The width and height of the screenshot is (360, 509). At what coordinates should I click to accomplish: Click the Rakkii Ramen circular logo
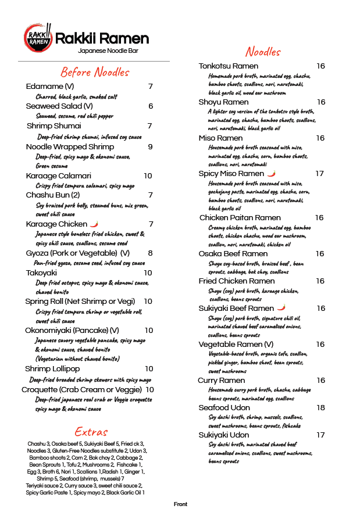(x=38, y=38)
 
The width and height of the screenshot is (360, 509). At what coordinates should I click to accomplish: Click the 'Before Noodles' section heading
(x=95, y=73)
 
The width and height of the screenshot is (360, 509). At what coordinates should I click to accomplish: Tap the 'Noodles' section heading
(x=263, y=52)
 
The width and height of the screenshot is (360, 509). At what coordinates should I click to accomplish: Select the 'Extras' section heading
(x=91, y=432)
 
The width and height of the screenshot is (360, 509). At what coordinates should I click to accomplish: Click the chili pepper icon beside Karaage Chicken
(x=94, y=224)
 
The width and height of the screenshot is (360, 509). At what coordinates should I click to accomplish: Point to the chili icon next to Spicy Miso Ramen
(x=271, y=174)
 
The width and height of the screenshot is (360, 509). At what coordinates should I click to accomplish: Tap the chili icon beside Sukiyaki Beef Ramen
(x=281, y=308)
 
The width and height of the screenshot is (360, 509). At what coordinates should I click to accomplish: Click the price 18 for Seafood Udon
(x=320, y=408)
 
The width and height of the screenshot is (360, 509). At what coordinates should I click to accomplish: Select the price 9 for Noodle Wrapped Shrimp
(x=150, y=147)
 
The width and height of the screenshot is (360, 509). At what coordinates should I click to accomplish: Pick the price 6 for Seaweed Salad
(x=151, y=106)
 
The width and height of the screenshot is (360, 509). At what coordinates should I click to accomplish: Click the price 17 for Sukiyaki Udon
(x=320, y=435)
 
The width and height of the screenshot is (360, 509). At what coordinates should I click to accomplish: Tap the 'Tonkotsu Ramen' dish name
(x=229, y=66)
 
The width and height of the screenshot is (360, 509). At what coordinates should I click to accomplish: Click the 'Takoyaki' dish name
(x=41, y=273)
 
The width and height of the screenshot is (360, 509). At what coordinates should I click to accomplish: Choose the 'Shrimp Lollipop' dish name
(x=53, y=369)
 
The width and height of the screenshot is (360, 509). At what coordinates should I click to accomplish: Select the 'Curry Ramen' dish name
(x=222, y=381)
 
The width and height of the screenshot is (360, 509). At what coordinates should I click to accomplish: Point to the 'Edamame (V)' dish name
(x=50, y=87)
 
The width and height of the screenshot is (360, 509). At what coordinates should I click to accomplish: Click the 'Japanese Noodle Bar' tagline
(x=111, y=51)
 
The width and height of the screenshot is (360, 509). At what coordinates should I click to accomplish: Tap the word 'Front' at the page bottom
(x=180, y=504)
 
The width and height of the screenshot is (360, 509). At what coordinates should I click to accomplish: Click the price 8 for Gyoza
(x=150, y=253)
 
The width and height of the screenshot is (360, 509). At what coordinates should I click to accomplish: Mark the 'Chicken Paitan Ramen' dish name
(x=240, y=218)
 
